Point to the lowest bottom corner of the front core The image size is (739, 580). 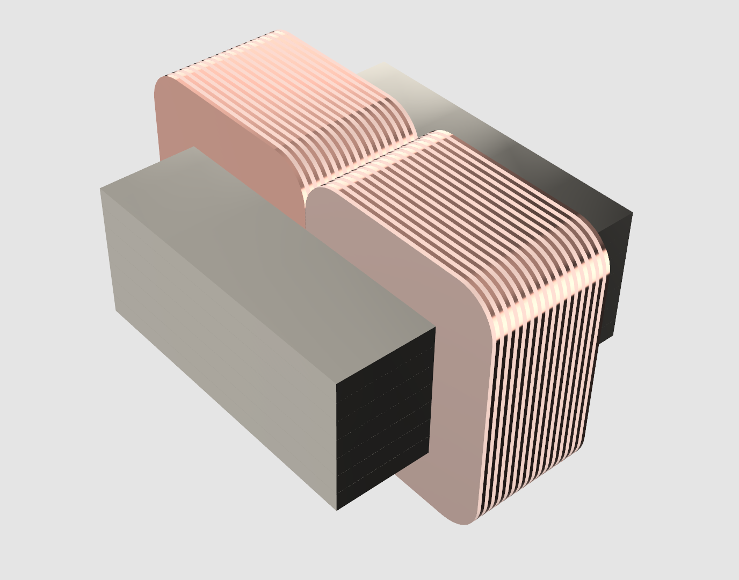(337, 509)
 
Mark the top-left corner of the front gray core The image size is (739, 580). (101, 189)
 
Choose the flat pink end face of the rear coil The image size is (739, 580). (226, 124)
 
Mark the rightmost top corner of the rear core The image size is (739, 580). (632, 214)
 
